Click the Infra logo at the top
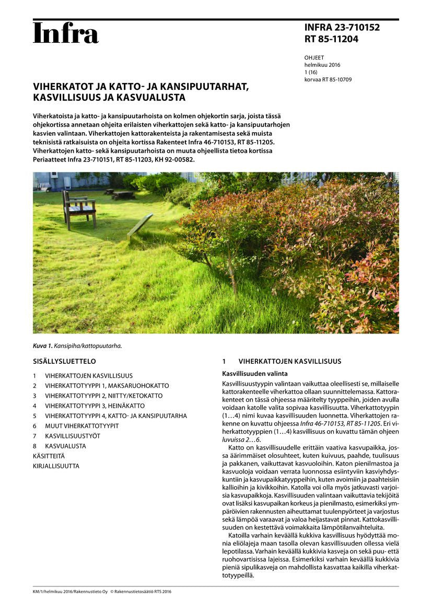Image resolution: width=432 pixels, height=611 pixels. click(x=66, y=33)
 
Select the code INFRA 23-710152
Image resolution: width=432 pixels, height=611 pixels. click(x=342, y=28)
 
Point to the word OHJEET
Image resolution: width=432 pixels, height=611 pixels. click(x=314, y=58)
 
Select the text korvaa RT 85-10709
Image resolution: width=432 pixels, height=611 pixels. click(x=328, y=80)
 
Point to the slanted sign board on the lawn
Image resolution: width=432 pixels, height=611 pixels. click(x=140, y=226)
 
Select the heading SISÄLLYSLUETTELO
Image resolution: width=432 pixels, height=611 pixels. click(x=64, y=361)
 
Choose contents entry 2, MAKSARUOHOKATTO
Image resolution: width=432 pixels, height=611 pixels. click(x=107, y=386)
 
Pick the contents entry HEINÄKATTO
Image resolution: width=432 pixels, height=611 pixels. click(x=95, y=406)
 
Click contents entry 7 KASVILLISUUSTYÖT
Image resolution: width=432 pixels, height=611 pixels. click(x=73, y=436)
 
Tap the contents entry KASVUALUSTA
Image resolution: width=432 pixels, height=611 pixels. click(x=65, y=446)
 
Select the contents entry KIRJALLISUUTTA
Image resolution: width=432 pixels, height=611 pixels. click(x=56, y=466)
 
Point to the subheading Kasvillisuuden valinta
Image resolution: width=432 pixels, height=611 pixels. click(x=254, y=374)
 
